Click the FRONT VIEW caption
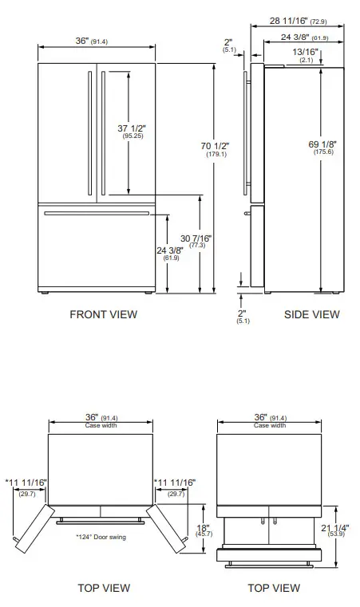(103, 314)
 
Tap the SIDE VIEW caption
(311, 314)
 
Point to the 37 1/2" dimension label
(133, 127)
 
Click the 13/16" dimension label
(307, 52)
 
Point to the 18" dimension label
(204, 527)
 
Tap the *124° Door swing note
(101, 537)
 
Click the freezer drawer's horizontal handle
(97, 213)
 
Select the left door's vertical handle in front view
(88, 132)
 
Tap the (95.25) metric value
(133, 136)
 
